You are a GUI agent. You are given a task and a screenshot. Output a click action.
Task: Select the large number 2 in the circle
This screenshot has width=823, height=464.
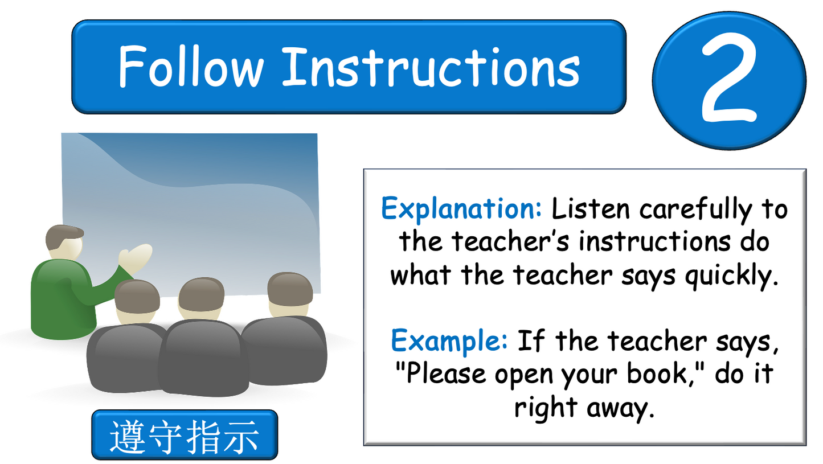coord(730,81)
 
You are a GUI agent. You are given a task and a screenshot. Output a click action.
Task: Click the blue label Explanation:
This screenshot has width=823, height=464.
coord(461,209)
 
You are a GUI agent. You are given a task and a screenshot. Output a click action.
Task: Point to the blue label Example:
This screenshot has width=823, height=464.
coord(449,341)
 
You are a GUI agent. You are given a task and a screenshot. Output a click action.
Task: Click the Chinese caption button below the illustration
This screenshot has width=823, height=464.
coord(185,435)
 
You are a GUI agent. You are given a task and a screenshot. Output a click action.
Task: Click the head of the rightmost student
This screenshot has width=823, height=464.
coord(290,293)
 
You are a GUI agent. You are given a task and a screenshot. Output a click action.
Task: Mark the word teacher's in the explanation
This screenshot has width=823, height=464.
coord(510,242)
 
